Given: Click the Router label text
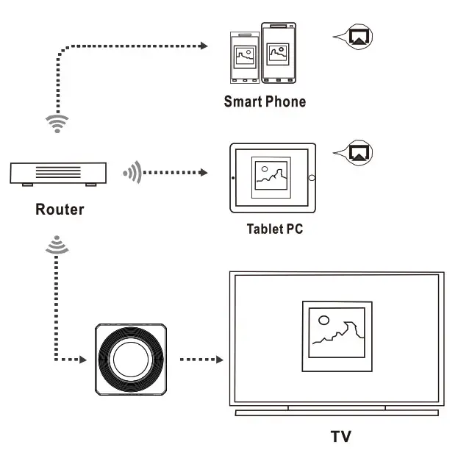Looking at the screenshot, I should tap(60, 210).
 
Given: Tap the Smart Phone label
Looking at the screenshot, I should tap(265, 101).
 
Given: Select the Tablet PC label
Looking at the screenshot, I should tap(274, 229).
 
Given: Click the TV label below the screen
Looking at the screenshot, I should tap(340, 436).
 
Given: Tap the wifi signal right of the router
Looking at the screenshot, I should tap(131, 174).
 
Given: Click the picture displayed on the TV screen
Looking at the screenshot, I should tap(335, 335).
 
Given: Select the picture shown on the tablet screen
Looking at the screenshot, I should tap(271, 177).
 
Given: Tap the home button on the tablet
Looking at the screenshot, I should tap(311, 178).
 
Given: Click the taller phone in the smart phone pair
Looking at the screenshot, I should tap(279, 54).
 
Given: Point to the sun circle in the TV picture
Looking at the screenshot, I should tap(322, 319).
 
